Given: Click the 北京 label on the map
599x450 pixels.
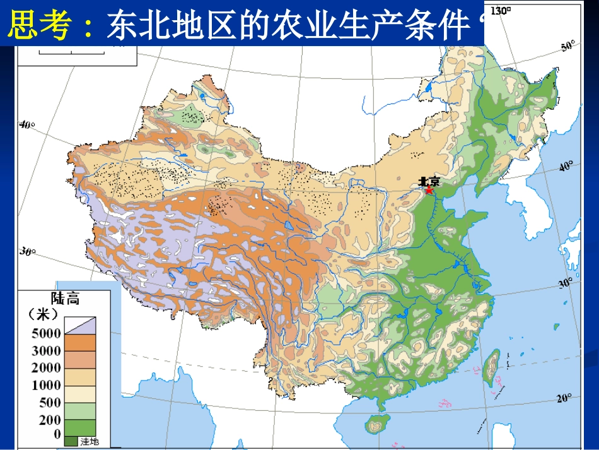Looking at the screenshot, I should [429, 181].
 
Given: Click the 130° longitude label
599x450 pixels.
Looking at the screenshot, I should [500, 10].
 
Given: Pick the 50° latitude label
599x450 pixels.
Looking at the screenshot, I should [567, 45].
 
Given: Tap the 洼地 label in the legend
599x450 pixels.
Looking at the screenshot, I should [90, 442].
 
